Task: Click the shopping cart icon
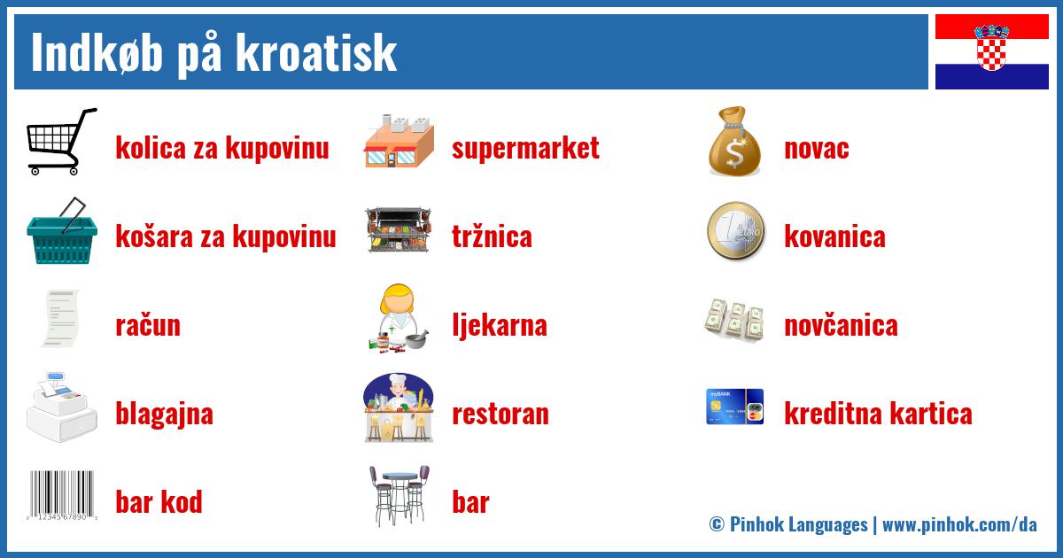coord(61,142)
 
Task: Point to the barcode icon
coord(62,496)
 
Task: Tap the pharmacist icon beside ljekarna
coord(399,319)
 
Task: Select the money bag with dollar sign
coord(735,142)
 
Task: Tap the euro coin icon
coord(735,231)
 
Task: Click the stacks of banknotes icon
coord(734,321)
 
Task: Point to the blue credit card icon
coord(734,407)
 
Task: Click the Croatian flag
coord(991,51)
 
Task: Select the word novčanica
coord(841,325)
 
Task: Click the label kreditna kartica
coord(878,414)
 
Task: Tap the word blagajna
coord(164,415)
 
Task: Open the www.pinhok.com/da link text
coord(959,524)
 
